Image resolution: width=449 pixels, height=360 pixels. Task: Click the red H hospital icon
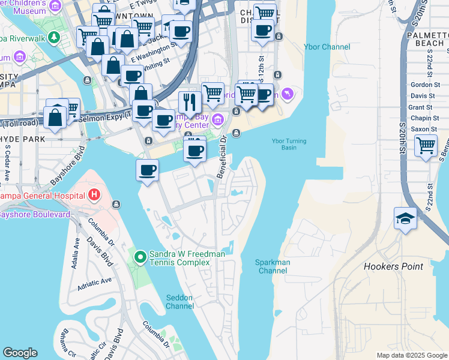click(94, 194)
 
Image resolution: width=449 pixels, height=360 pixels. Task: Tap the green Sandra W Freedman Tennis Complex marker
click(140, 258)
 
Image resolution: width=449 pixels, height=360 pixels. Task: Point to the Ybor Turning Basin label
click(289, 144)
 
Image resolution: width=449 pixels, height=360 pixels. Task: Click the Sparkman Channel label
click(273, 266)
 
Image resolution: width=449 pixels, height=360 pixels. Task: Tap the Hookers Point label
click(393, 266)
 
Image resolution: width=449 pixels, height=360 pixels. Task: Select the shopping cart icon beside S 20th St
click(426, 144)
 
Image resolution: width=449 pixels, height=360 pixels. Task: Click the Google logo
click(20, 353)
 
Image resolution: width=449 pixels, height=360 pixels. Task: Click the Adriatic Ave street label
click(94, 281)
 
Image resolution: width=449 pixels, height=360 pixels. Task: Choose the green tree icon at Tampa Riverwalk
click(54, 38)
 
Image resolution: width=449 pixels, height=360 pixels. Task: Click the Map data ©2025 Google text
click(411, 355)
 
